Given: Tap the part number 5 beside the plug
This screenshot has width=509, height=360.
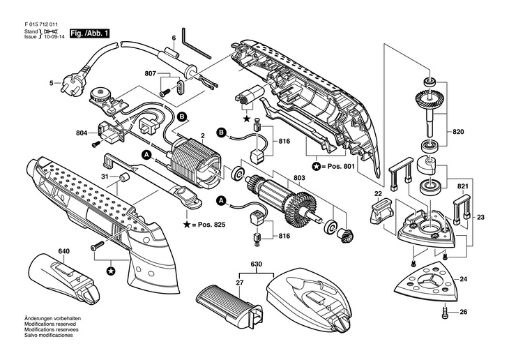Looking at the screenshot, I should tap(51, 83).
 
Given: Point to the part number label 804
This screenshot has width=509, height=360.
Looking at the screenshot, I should tap(81, 132).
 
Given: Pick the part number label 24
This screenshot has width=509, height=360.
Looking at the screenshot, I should tap(464, 279).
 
